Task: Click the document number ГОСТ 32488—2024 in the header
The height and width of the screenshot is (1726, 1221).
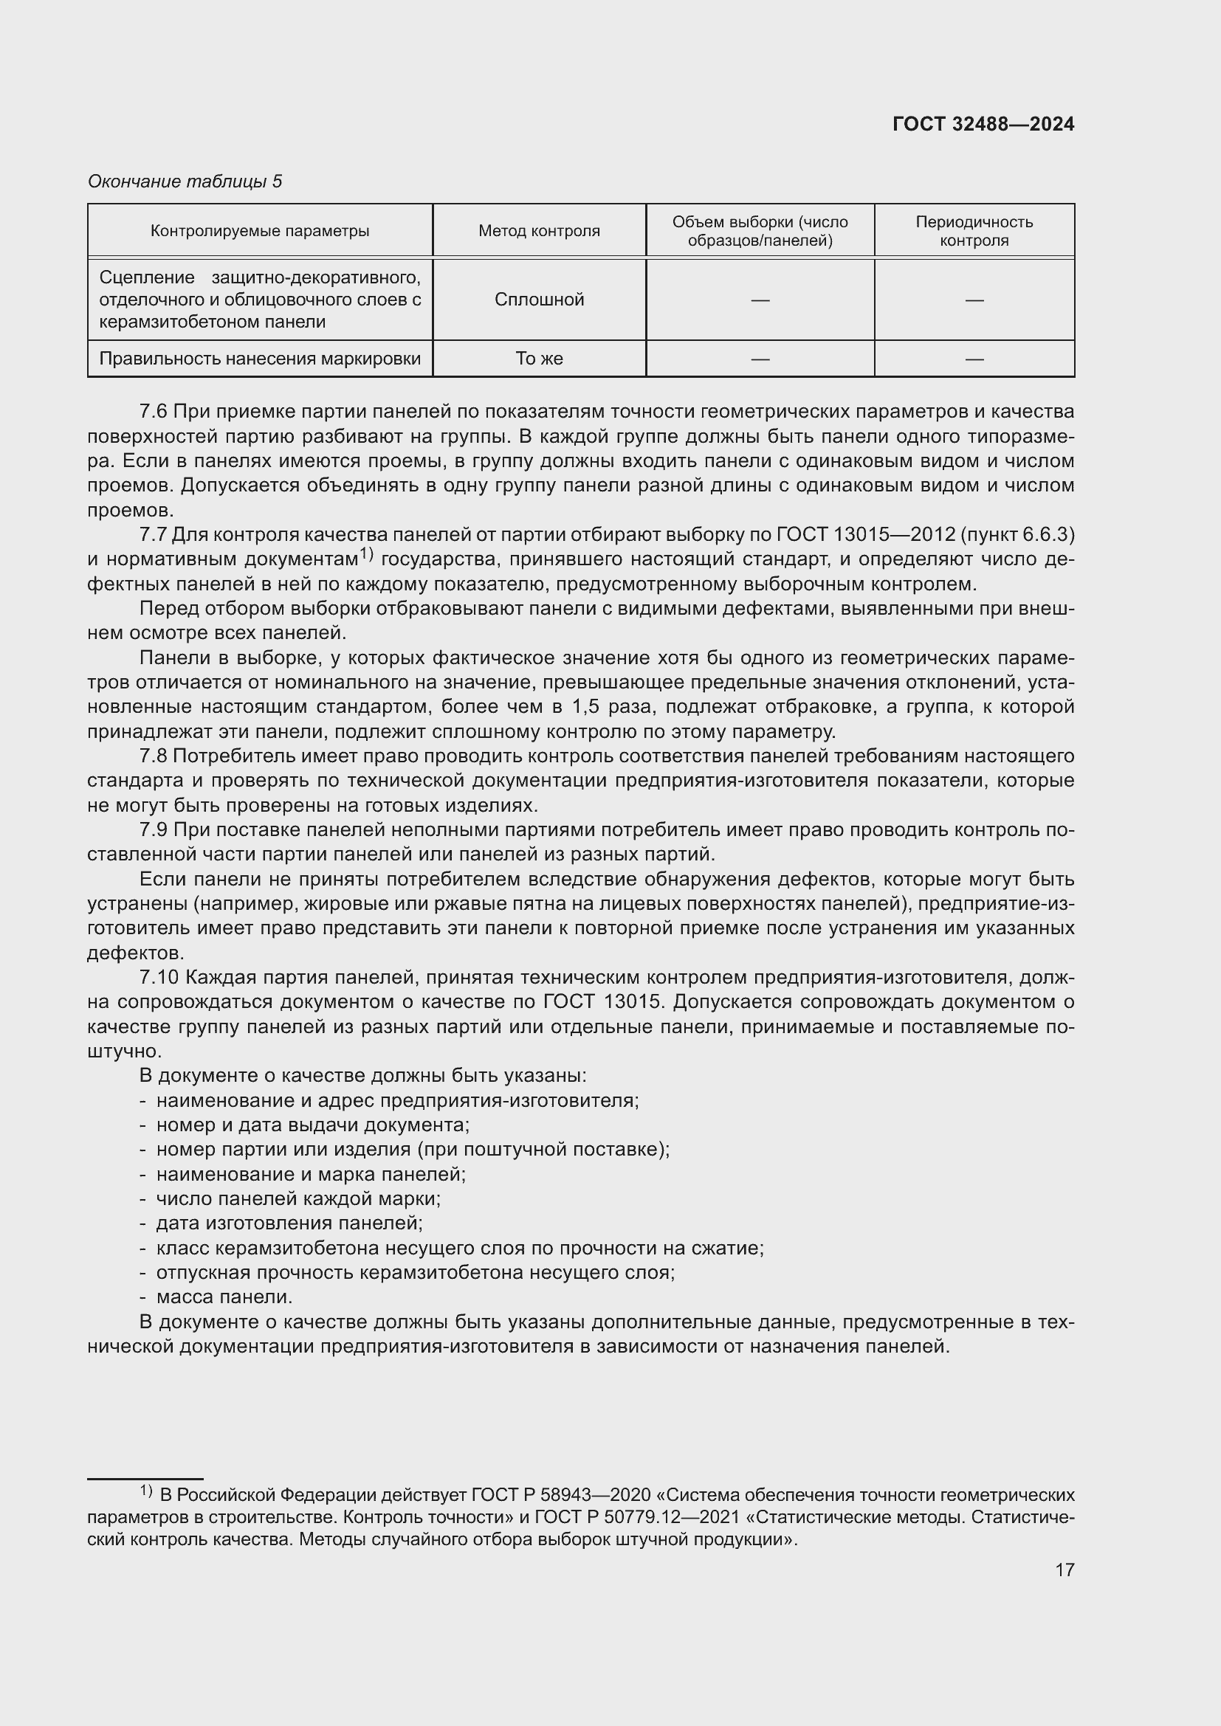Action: tap(983, 124)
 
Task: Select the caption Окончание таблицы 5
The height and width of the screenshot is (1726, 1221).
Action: tap(185, 182)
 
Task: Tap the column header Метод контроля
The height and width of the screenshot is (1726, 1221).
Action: tap(539, 231)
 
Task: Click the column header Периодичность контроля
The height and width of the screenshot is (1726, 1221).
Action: tap(974, 231)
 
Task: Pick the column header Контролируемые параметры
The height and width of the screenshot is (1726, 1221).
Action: tap(259, 231)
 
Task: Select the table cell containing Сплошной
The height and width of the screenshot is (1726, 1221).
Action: tap(539, 299)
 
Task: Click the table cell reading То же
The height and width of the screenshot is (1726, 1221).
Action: tap(539, 359)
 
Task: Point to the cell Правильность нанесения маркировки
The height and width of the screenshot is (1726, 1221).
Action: tap(259, 359)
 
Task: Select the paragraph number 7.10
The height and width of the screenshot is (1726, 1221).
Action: tap(159, 977)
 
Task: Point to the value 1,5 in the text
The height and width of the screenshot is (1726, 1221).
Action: tap(586, 707)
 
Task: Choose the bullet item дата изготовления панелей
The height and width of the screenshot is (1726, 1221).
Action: tap(289, 1223)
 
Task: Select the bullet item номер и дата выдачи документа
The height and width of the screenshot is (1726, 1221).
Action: tap(312, 1125)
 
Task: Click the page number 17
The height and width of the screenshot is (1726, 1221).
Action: tap(1064, 1570)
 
